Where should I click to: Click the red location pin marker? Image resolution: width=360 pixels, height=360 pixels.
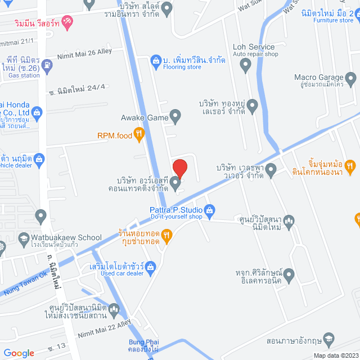click(x=179, y=169)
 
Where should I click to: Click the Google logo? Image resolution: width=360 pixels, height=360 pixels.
click(x=18, y=353)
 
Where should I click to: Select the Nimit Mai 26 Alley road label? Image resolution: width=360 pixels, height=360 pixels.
click(x=84, y=52)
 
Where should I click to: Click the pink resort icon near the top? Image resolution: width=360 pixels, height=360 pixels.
click(x=67, y=22)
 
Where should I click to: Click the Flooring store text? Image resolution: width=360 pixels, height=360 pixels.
click(x=182, y=67)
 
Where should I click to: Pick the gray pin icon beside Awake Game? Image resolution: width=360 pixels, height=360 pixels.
click(x=175, y=117)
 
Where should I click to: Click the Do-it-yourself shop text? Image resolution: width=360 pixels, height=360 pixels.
click(x=175, y=217)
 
